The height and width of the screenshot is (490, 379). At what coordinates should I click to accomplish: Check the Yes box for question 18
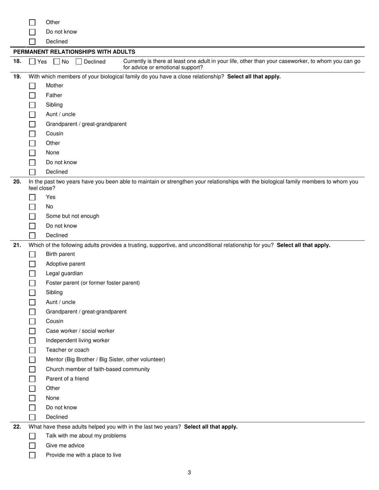click(x=32, y=62)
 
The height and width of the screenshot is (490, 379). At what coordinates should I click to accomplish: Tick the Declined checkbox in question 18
click(x=79, y=62)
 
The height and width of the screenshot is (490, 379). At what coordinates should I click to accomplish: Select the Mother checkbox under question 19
click(x=32, y=86)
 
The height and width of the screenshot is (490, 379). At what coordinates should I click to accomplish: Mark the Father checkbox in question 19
click(x=32, y=95)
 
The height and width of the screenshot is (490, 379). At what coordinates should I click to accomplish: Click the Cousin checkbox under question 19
click(x=32, y=133)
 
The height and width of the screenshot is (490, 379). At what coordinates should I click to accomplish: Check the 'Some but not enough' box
click(x=32, y=216)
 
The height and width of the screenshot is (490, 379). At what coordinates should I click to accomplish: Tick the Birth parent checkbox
click(x=32, y=254)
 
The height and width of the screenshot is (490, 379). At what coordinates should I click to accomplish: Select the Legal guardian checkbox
click(x=32, y=273)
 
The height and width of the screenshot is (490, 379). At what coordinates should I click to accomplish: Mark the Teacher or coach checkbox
click(x=32, y=350)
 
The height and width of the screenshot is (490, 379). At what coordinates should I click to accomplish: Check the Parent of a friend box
click(x=32, y=379)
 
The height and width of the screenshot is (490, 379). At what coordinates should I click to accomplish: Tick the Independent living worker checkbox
click(x=32, y=341)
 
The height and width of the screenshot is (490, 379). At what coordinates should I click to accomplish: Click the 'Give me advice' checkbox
click(x=32, y=446)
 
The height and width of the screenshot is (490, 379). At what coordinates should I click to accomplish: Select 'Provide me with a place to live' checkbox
click(x=32, y=455)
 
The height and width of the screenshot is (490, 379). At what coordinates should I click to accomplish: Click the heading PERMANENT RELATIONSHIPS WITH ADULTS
click(x=74, y=52)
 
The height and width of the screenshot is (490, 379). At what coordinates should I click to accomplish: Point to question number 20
click(x=17, y=182)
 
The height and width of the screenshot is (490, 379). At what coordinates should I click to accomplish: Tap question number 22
click(x=17, y=427)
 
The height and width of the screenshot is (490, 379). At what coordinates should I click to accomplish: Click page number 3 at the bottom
click(x=189, y=473)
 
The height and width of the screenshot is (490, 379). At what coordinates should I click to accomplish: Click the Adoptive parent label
click(x=65, y=264)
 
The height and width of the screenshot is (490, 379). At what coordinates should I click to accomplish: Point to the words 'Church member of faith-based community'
click(x=98, y=369)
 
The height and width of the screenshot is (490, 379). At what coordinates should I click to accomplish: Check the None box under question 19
click(x=32, y=153)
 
